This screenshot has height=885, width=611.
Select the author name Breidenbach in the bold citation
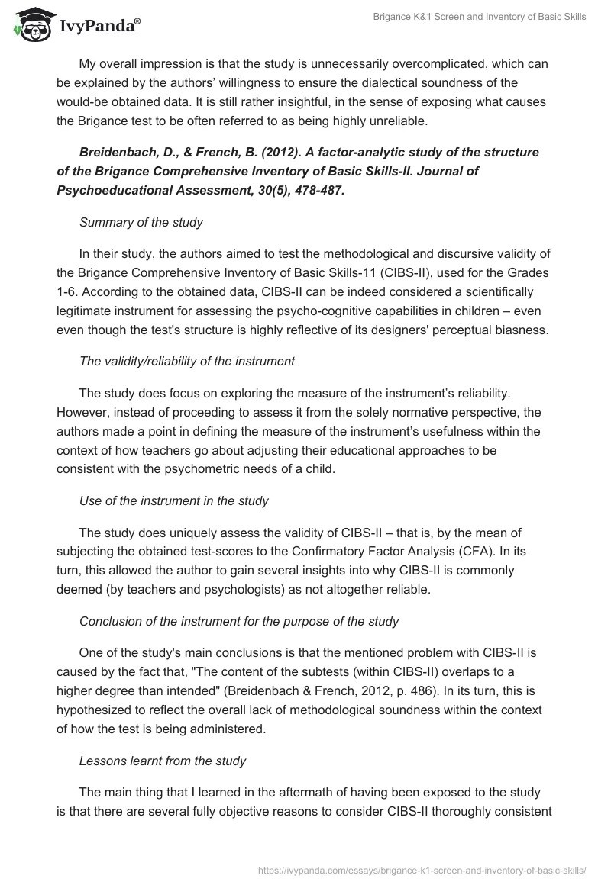119,152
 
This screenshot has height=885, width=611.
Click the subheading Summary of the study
141,222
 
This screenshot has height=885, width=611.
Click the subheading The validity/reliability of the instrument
187,362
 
